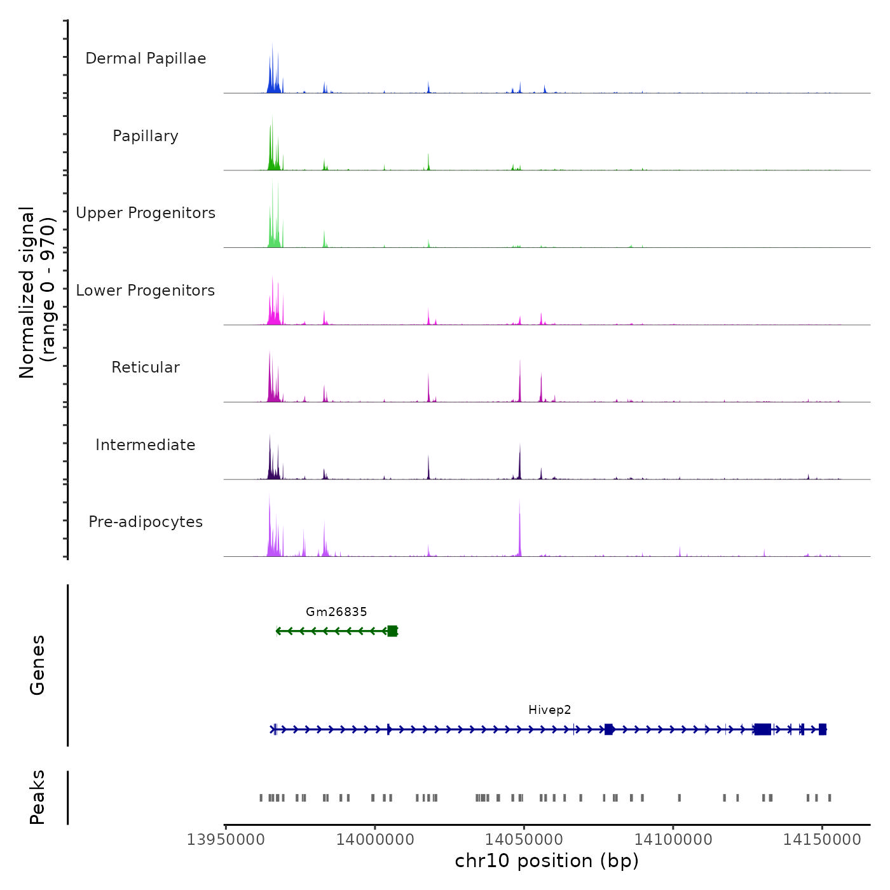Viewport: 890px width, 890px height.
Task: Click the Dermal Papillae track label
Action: [146, 58]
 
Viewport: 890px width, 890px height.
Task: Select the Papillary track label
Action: [146, 136]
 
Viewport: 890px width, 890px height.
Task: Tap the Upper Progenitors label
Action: [146, 213]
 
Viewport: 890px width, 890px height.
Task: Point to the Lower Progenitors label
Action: [146, 291]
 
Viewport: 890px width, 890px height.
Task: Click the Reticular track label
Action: [146, 367]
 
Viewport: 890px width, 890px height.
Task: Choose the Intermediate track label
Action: [146, 445]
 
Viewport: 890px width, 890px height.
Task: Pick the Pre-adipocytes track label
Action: [146, 522]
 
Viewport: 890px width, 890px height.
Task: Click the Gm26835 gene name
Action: [336, 612]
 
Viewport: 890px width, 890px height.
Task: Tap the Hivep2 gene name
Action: [550, 710]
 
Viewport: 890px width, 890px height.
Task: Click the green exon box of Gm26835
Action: [392, 631]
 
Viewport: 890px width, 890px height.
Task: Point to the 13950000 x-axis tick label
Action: [226, 840]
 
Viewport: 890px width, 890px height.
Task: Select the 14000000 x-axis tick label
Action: [375, 840]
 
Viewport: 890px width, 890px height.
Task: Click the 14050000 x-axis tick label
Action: [524, 840]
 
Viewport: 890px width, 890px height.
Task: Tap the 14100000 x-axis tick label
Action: [673, 840]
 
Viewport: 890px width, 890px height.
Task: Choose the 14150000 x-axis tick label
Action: [822, 840]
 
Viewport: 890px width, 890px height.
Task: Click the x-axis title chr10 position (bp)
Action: [547, 861]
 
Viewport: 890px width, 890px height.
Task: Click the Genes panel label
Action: [38, 665]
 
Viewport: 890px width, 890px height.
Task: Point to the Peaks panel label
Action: [38, 797]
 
